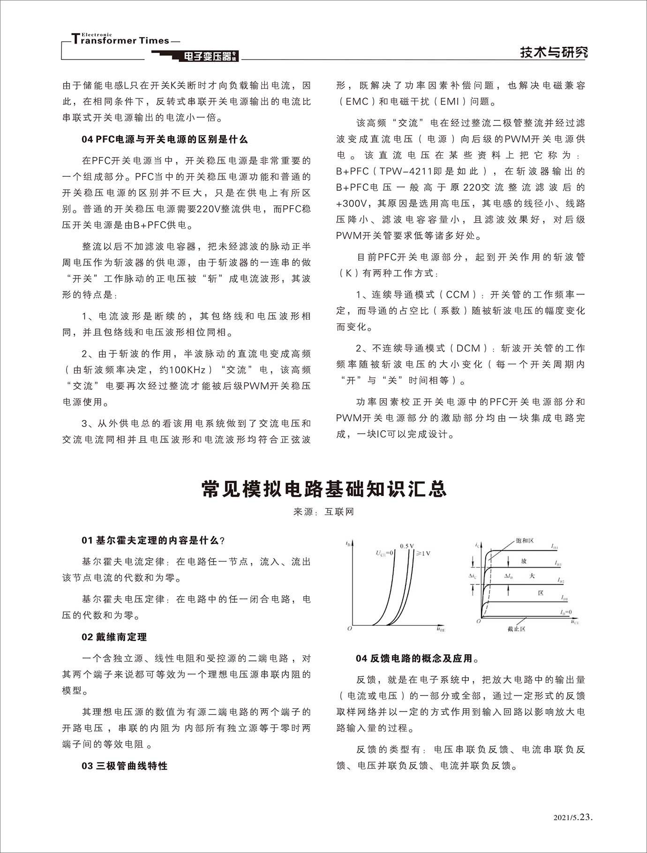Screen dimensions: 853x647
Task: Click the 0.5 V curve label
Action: point(406,546)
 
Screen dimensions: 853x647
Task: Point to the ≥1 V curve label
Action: point(423,553)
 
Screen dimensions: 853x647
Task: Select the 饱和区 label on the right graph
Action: point(525,540)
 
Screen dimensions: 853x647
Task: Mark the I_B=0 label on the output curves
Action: point(565,612)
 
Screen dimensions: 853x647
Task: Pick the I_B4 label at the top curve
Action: point(555,547)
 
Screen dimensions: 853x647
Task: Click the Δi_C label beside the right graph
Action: point(473,576)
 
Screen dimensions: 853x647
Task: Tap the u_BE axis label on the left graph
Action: point(441,629)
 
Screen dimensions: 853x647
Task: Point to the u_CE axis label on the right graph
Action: point(575,622)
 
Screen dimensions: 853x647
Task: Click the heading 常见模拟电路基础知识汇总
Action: point(323,489)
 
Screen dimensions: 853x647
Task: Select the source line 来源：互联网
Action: point(323,512)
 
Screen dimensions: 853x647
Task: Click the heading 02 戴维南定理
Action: point(114,637)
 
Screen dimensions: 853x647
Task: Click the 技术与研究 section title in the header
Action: point(553,52)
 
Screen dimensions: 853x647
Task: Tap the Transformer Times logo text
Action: point(121,40)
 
